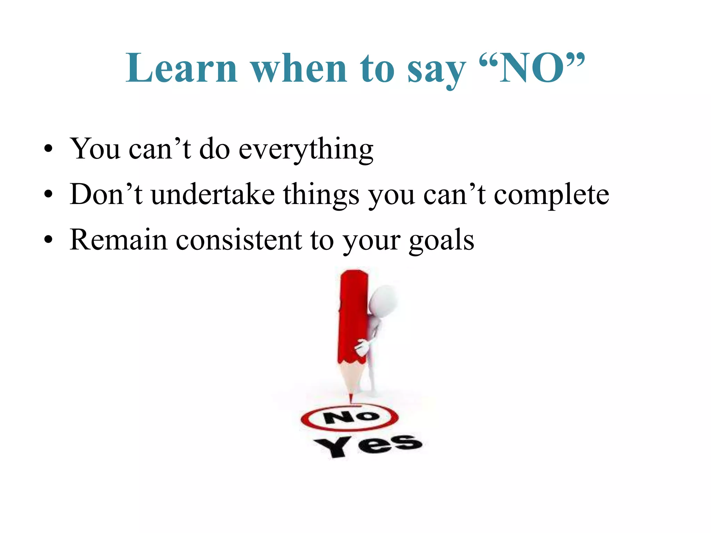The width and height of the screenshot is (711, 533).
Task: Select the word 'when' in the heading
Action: (x=299, y=68)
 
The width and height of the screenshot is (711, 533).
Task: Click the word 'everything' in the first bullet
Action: (x=306, y=150)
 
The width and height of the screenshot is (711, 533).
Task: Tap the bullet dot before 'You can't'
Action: (x=49, y=149)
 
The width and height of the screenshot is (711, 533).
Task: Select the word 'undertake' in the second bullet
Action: (x=213, y=194)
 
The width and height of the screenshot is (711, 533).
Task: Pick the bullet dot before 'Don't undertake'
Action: (x=49, y=194)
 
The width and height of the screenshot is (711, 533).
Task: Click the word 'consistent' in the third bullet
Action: (x=239, y=240)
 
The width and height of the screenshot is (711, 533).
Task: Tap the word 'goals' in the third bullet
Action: (x=441, y=241)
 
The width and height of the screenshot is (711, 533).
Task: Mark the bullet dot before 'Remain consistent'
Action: (x=49, y=239)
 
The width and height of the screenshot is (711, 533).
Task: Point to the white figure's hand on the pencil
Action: (x=362, y=347)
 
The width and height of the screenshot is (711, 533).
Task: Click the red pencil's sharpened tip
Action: (x=351, y=398)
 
